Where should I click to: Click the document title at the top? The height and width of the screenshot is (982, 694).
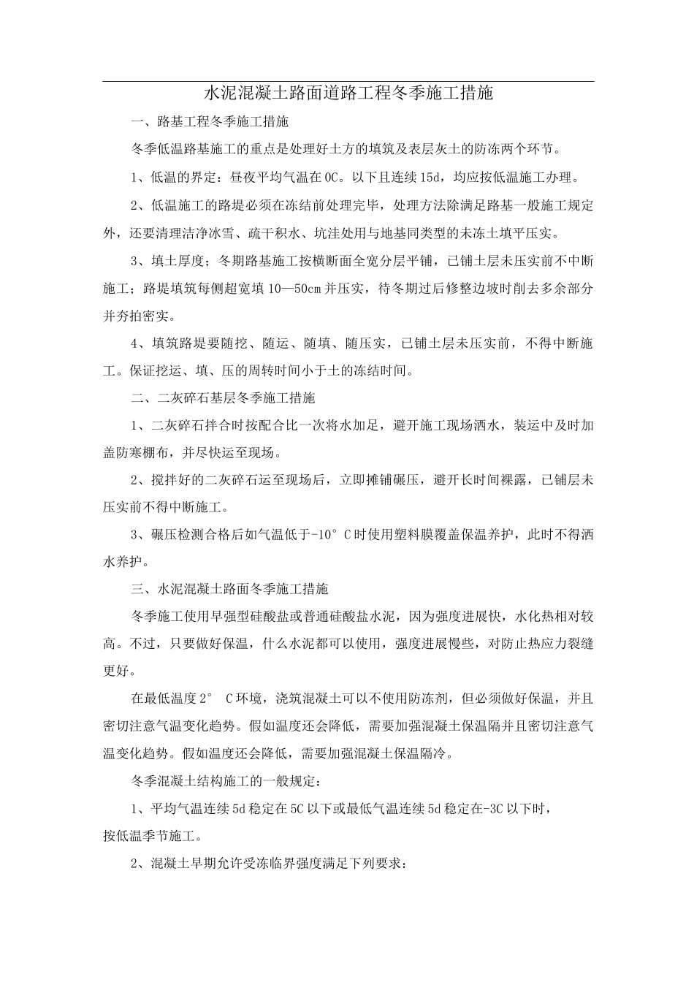(x=348, y=93)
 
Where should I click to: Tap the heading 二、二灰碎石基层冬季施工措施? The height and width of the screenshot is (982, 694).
(x=223, y=398)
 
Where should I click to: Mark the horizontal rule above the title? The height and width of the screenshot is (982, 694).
(x=348, y=81)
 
